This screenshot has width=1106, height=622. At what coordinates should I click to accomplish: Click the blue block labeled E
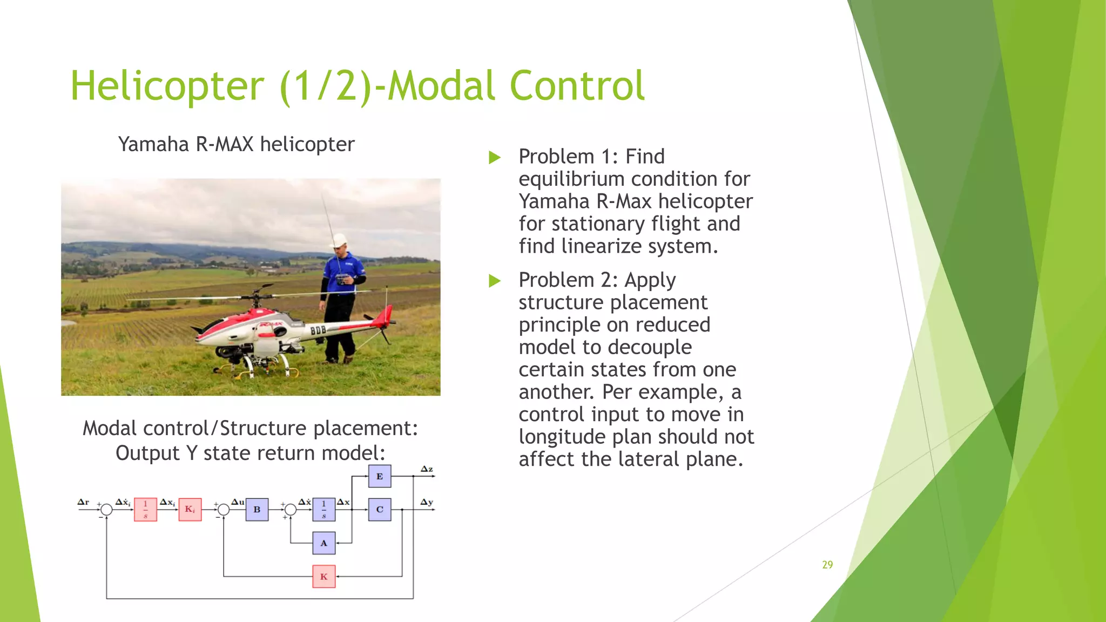[380, 476]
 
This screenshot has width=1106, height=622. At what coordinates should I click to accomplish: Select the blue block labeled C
[380, 509]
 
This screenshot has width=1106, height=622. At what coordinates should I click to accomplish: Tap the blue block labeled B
[257, 509]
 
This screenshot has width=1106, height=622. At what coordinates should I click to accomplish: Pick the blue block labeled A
[323, 543]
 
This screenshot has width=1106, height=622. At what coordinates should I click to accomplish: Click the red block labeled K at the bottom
[323, 577]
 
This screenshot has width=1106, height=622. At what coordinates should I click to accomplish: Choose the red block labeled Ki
[190, 509]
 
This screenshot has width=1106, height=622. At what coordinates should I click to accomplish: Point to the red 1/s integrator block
[145, 509]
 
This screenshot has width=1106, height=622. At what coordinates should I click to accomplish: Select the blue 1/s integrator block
[323, 509]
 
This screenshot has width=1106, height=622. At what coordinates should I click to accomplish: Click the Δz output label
[427, 469]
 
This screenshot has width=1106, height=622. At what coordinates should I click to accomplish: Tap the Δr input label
[83, 502]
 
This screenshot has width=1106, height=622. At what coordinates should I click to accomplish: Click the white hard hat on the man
[340, 240]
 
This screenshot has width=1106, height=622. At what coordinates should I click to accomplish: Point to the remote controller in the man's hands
[342, 279]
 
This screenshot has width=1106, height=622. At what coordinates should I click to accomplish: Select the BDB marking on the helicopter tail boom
[318, 330]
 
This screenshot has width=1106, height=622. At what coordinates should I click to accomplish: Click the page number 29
[827, 565]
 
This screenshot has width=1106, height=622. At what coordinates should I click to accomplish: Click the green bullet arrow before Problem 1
[494, 158]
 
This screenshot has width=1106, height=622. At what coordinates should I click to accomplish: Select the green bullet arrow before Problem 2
[494, 281]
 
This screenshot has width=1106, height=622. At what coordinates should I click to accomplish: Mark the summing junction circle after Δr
[106, 509]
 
